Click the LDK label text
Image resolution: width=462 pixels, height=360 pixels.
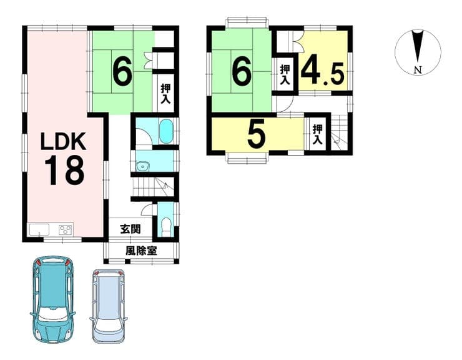pos(63,142)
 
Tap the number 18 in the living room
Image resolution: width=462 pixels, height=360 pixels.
pos(64,171)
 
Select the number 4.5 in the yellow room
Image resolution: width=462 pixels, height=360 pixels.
pos(322,72)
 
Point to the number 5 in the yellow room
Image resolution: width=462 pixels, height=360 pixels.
pos(257,136)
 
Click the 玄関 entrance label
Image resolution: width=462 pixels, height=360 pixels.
pos(130,229)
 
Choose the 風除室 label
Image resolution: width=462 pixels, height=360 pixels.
pos(141,251)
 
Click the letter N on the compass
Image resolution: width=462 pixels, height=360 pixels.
pos(418,70)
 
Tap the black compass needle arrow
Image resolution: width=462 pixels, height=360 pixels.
pos(418,47)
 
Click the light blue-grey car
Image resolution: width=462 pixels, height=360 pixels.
pos(109,306)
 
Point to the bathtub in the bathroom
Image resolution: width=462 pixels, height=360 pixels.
pos(167,131)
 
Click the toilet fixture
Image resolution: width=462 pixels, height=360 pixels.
pos(167,227)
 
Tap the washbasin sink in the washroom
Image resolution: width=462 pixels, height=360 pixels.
pos(143,166)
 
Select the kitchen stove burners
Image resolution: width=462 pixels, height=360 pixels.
pos(66,229)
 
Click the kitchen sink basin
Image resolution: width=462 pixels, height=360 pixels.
pos(39,229)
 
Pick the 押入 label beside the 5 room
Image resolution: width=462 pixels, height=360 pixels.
pos(317,134)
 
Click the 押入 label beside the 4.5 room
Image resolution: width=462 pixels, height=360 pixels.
pos(284,75)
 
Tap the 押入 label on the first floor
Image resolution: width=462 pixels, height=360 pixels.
pos(165,94)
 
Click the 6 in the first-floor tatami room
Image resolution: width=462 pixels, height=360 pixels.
pos(122,72)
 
